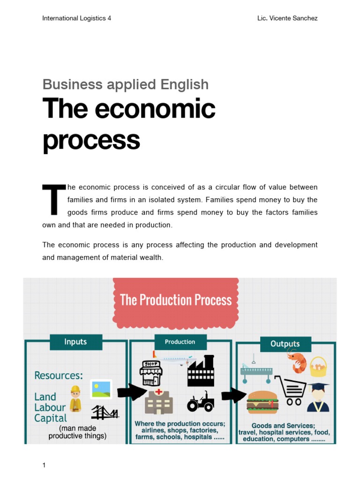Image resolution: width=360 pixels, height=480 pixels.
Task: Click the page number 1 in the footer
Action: click(44, 465)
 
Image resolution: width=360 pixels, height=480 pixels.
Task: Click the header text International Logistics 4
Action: click(76, 18)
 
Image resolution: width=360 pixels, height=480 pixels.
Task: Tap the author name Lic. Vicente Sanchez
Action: click(287, 18)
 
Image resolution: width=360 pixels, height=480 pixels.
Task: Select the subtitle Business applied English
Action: click(125, 84)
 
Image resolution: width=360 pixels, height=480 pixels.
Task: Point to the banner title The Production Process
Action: click(176, 300)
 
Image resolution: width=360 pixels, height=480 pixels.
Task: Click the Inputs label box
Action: click(75, 342)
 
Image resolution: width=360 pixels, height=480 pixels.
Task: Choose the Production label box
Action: click(180, 342)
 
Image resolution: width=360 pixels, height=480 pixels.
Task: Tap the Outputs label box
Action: click(285, 344)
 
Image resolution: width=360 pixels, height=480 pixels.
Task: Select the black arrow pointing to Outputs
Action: click(233, 395)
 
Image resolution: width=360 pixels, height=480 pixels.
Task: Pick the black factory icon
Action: click(201, 371)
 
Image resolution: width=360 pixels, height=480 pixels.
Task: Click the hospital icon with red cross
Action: click(159, 401)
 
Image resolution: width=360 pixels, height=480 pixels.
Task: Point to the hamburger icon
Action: click(262, 402)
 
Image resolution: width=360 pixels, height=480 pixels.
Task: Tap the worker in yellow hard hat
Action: click(75, 398)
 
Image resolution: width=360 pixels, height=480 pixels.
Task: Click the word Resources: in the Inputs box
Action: click(59, 375)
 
